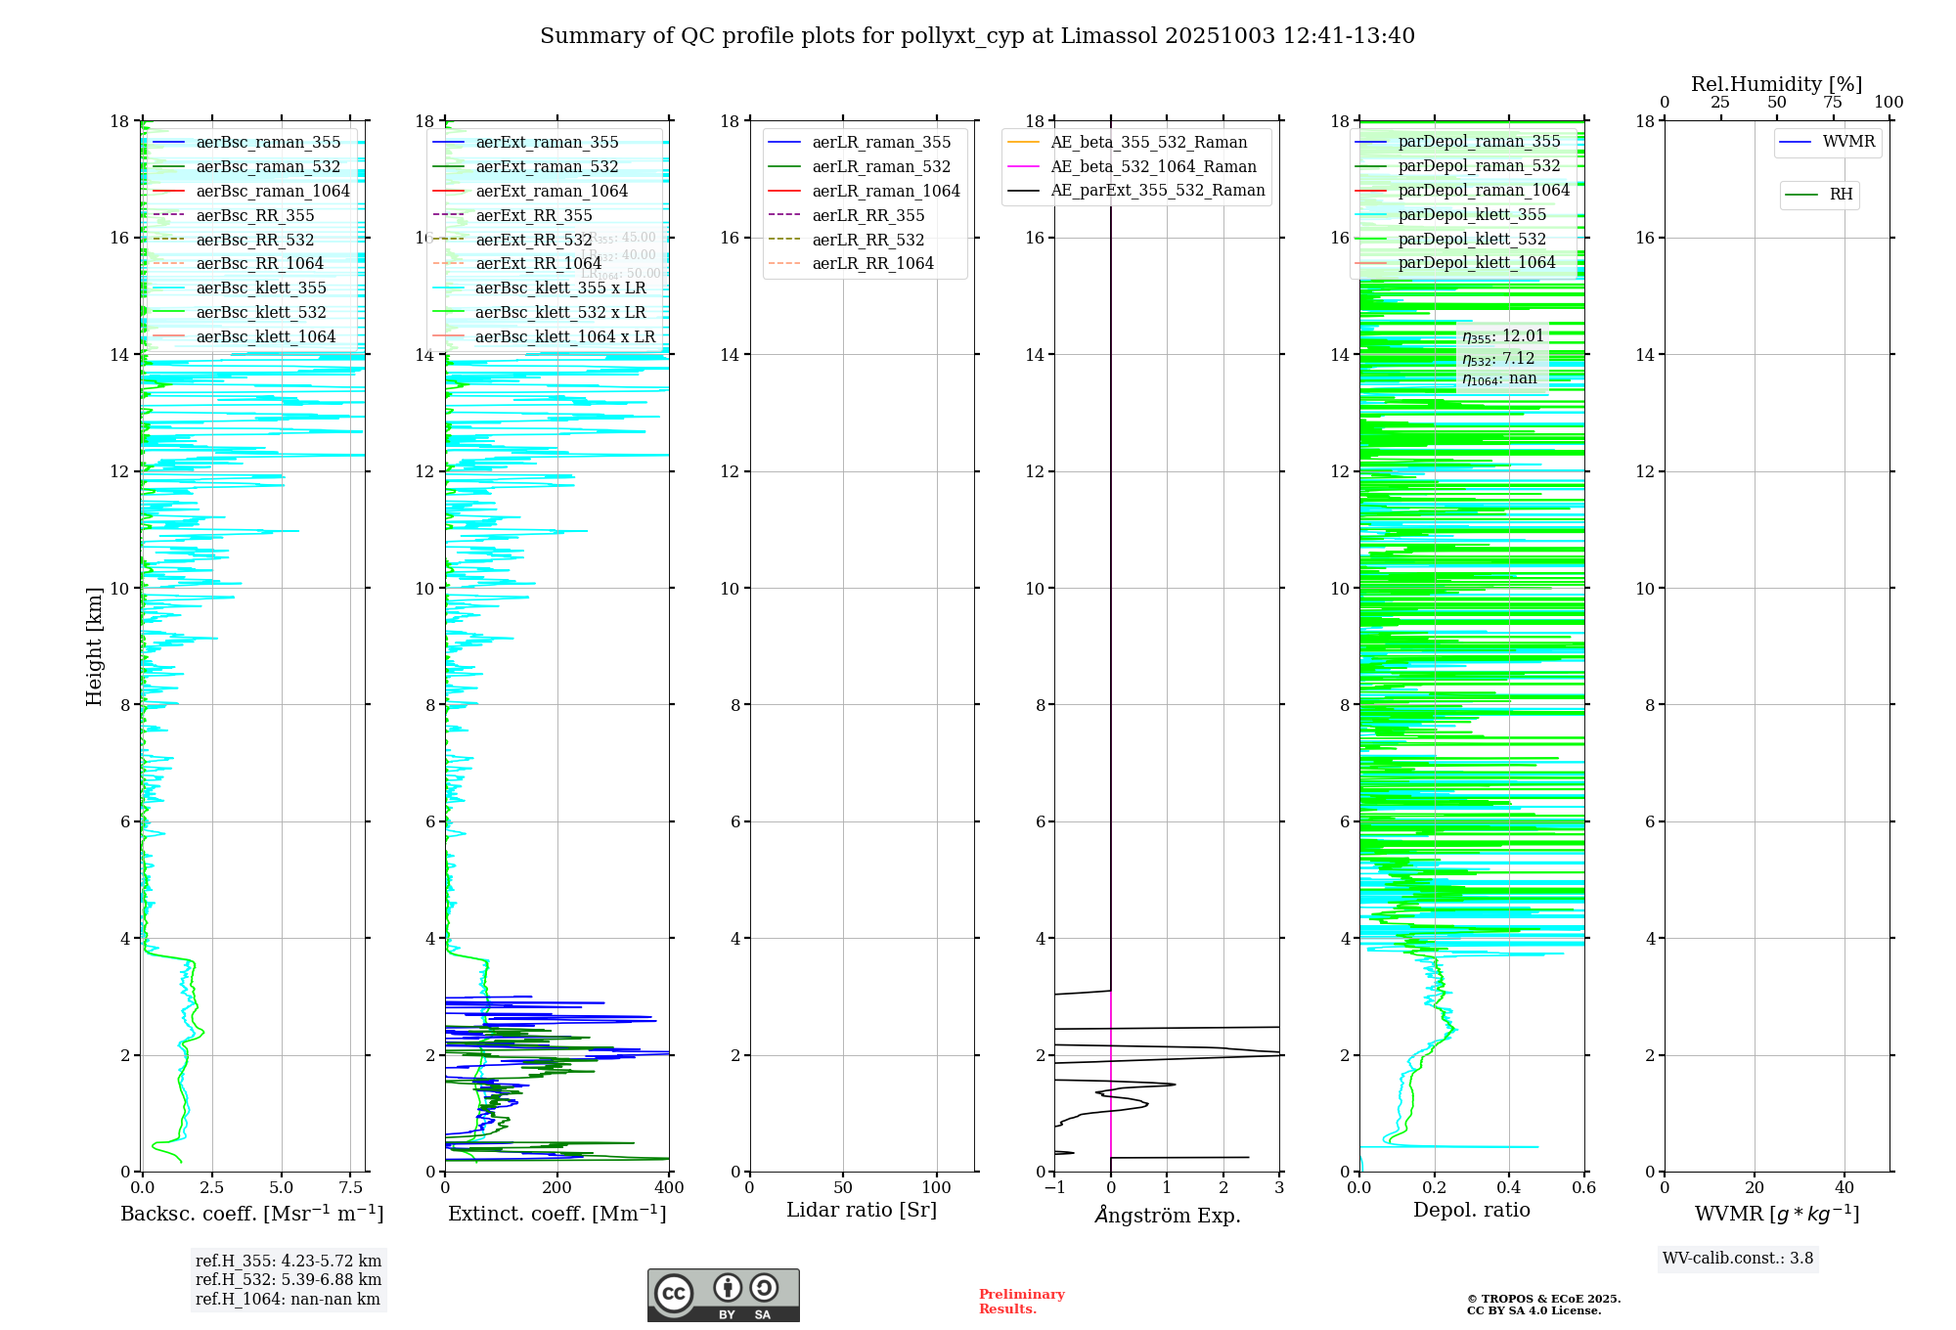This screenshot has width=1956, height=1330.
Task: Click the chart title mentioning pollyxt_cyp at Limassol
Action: [977, 36]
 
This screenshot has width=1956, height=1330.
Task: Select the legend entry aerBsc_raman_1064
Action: [272, 191]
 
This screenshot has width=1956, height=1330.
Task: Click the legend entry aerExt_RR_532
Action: [533, 240]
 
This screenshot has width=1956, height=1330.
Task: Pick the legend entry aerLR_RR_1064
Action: [872, 263]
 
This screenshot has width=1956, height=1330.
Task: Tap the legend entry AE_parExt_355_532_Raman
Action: [1157, 190]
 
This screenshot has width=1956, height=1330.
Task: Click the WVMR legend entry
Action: [1847, 142]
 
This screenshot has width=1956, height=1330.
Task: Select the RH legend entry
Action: [1841, 195]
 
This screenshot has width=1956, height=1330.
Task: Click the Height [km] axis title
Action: [94, 645]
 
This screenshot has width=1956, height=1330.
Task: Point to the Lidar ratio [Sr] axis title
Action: [862, 1210]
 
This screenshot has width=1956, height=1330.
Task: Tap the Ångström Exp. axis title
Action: [1167, 1215]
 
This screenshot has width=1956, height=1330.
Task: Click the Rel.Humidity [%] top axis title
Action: [1776, 84]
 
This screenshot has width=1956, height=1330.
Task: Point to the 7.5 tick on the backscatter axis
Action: [351, 1188]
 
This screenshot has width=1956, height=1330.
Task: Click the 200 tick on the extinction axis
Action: [557, 1188]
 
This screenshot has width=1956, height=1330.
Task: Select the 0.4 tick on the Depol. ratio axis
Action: [1509, 1188]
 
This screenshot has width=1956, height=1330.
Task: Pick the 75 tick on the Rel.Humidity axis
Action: [1832, 103]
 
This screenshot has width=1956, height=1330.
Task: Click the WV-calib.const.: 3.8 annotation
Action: [1738, 1259]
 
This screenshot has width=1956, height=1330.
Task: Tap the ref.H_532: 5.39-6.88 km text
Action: [289, 1279]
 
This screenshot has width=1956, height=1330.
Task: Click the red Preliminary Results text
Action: [1021, 1302]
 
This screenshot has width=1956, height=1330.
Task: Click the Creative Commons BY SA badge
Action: [723, 1295]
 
